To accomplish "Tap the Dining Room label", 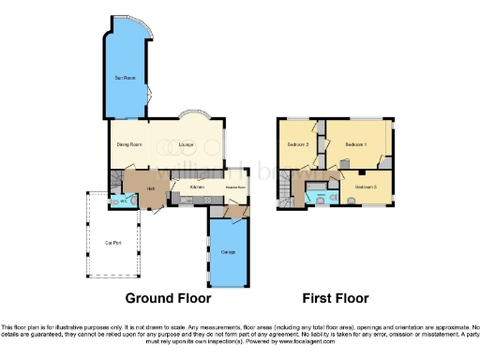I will click(x=129, y=144).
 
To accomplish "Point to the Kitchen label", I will click(x=198, y=187).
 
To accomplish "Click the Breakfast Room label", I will click(x=234, y=187).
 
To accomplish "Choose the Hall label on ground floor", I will click(x=150, y=187).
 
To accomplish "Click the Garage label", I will click(x=228, y=251).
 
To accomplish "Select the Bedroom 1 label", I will click(x=355, y=145).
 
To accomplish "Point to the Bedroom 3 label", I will click(x=366, y=187).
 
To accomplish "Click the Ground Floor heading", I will click(x=168, y=298).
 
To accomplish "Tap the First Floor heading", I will click(x=335, y=298).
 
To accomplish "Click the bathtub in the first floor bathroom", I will click(x=322, y=198).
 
